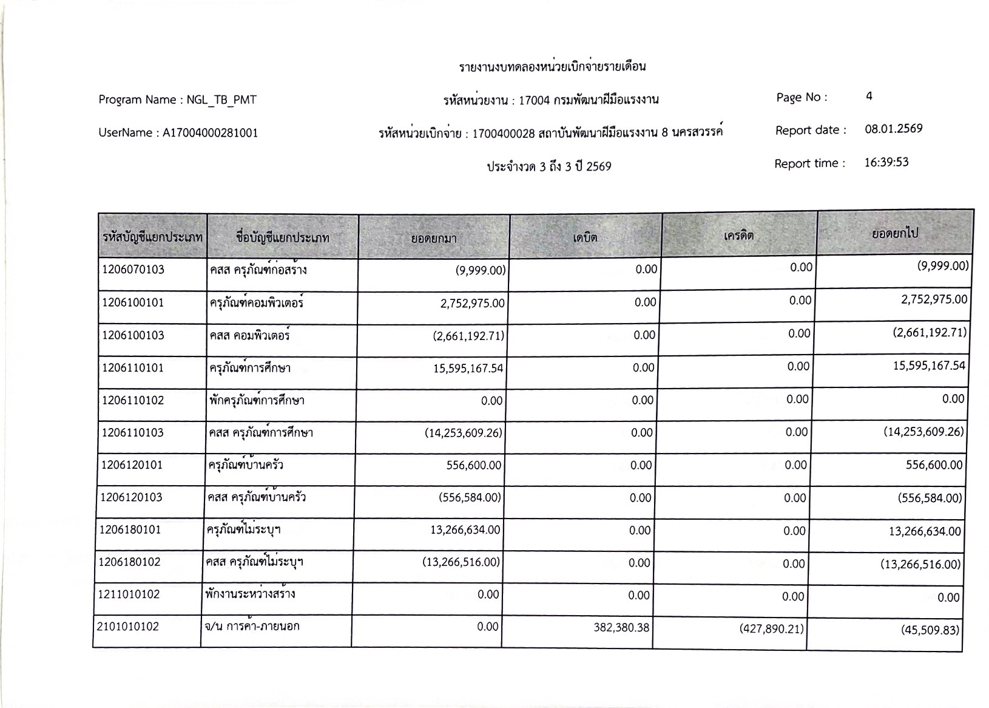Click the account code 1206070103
pos(133,270)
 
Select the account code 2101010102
pos(128,626)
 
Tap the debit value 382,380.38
pos(621,627)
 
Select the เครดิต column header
pos(738,236)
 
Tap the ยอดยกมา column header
pos(434,239)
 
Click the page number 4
pos(869,96)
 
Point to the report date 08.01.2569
pos(893,129)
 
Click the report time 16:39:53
pos(886,162)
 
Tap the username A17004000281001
pos(210,133)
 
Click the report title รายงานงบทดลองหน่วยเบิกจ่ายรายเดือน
pos(552,66)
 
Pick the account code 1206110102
pos(132,401)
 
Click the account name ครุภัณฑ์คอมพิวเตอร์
pos(256,302)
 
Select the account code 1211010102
pos(129,594)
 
